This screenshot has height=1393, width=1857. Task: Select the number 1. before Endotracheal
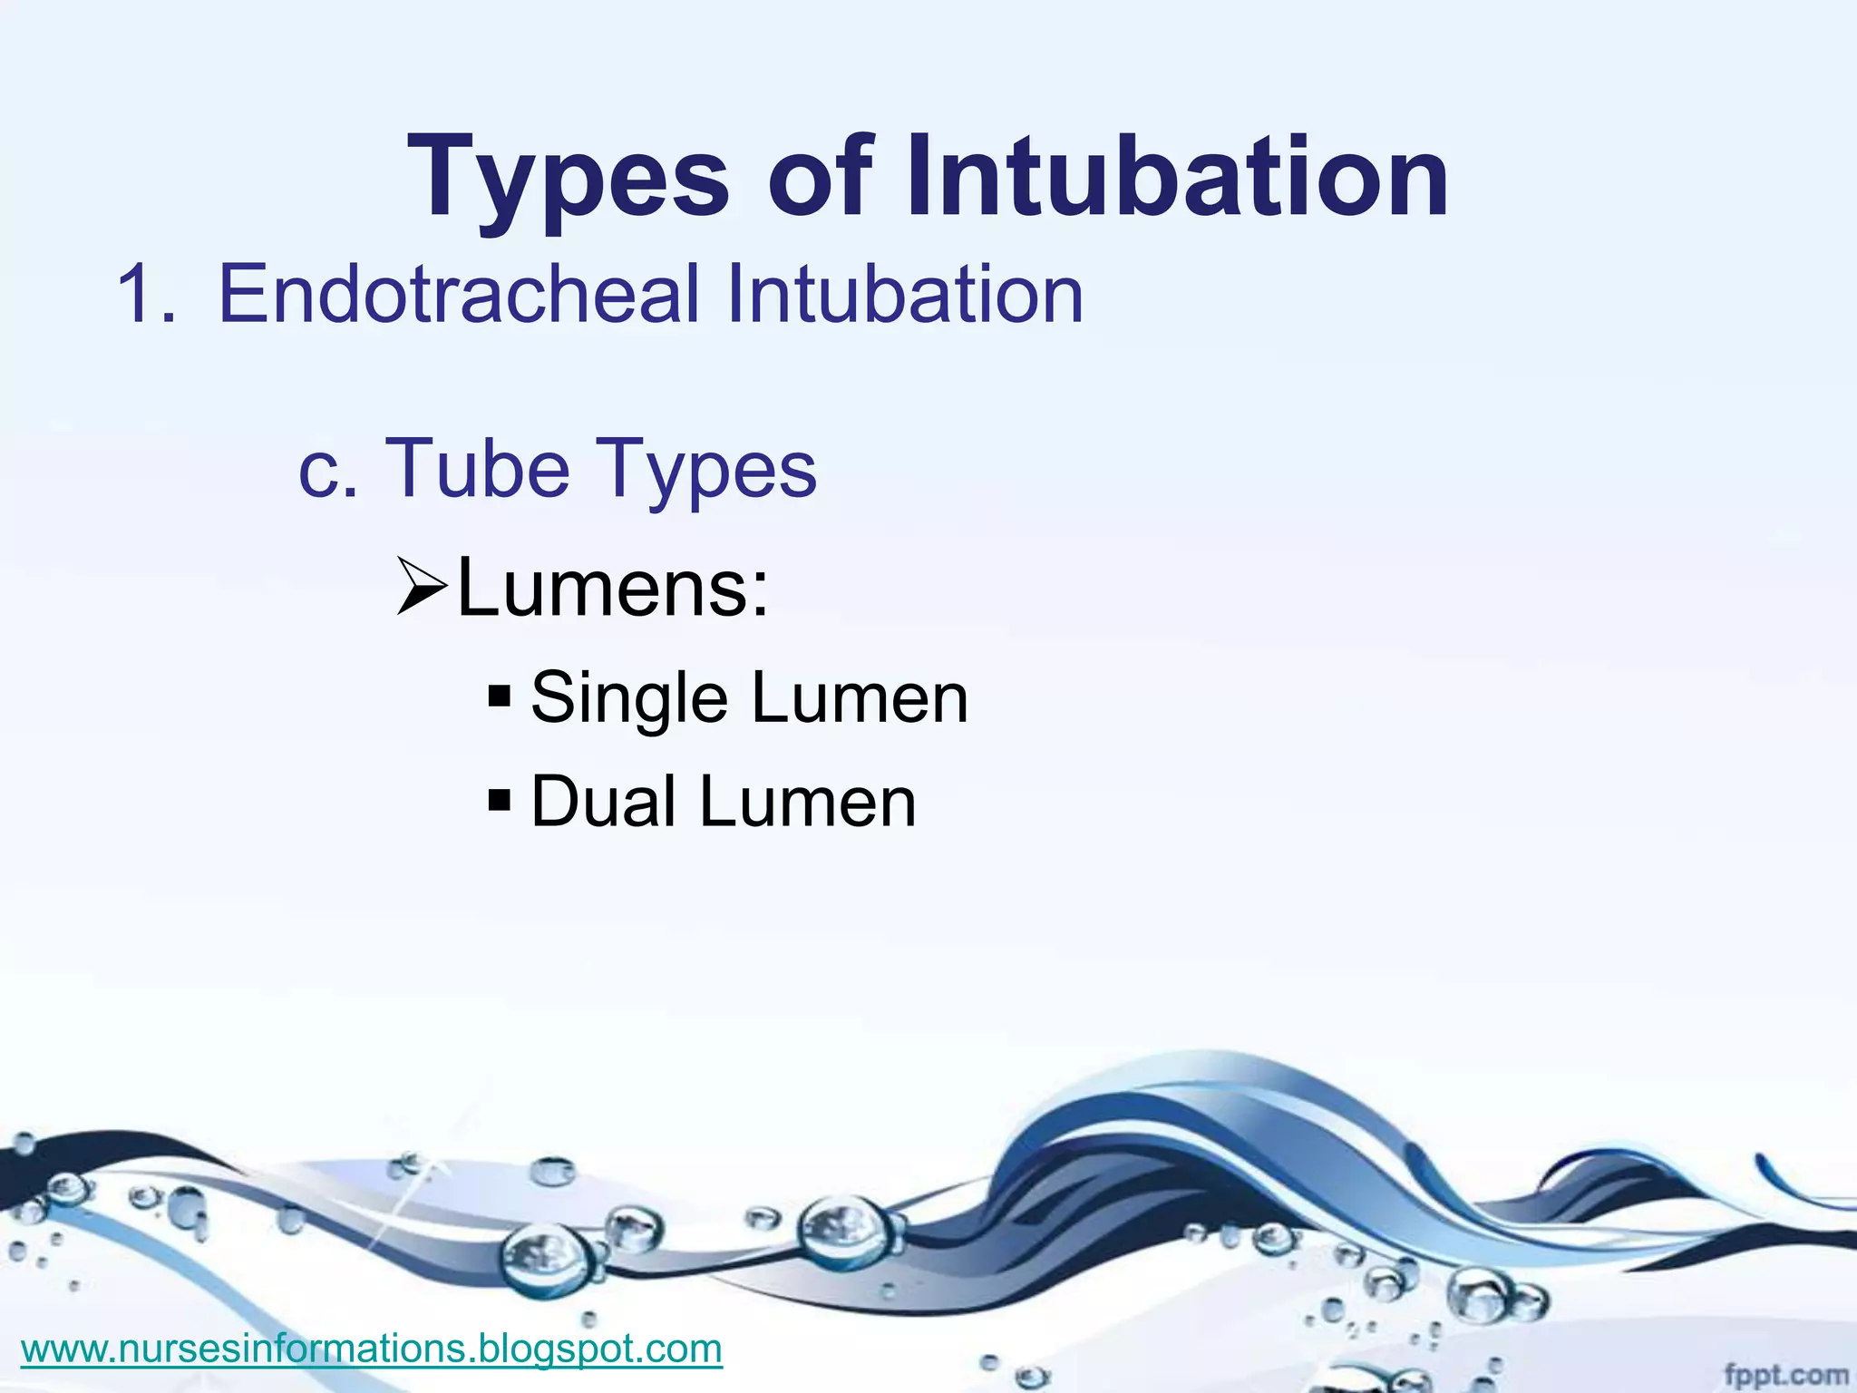[145, 294]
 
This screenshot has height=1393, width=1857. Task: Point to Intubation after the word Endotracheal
[904, 294]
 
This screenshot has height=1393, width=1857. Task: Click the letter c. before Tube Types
[328, 470]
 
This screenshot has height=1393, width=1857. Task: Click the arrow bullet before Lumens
[422, 591]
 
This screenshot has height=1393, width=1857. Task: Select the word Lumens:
[613, 589]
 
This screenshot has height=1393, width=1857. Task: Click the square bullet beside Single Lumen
[500, 697]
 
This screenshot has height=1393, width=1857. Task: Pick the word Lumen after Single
[860, 698]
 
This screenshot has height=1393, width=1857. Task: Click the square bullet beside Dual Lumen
[500, 801]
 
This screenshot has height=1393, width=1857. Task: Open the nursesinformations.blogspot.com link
[372, 1349]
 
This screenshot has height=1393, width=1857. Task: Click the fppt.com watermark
[1785, 1374]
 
